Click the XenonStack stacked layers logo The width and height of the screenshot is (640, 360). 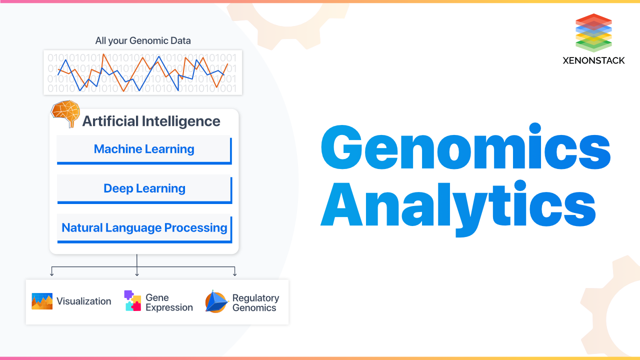[593, 32]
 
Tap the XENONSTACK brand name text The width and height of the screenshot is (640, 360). [593, 60]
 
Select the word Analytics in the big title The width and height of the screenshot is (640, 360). [458, 205]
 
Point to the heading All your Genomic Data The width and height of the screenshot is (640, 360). [143, 40]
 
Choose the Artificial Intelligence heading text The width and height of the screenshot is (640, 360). [151, 121]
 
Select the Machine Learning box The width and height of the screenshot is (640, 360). [144, 149]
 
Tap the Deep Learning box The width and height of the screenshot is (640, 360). [144, 188]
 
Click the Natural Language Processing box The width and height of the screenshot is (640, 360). [144, 228]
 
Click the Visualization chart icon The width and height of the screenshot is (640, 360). [42, 301]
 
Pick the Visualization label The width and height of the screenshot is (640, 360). [83, 301]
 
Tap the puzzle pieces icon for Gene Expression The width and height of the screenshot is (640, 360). [132, 301]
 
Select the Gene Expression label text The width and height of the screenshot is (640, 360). [169, 302]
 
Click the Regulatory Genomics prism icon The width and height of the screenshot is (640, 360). [216, 301]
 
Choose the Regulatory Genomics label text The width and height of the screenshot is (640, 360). [255, 302]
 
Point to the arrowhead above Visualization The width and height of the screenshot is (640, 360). [51, 273]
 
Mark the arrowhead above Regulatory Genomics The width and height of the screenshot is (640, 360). [234, 273]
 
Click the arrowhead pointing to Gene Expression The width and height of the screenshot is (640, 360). [136, 273]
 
